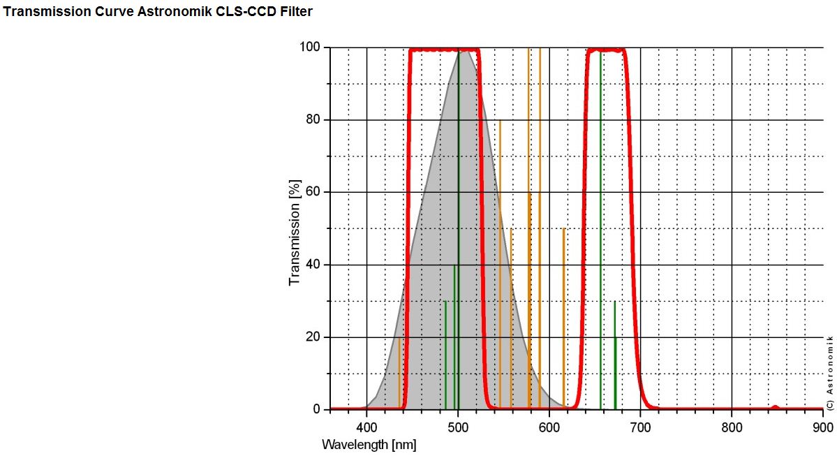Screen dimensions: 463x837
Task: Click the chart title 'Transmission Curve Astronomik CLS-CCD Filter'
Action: coord(158,12)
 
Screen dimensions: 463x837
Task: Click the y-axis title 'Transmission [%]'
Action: coord(295,233)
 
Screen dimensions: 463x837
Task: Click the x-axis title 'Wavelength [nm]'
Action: coord(369,445)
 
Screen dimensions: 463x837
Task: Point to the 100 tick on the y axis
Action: coord(310,47)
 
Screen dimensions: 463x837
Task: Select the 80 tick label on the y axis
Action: coord(313,120)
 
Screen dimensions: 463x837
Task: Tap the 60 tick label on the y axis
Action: coord(313,192)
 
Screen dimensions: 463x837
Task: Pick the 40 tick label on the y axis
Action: coord(313,265)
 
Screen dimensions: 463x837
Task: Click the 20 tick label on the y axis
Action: coord(313,337)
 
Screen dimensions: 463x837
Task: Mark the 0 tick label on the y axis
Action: coord(317,410)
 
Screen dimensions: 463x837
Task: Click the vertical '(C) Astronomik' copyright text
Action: coord(830,365)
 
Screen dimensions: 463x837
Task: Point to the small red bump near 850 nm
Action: coord(775,407)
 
